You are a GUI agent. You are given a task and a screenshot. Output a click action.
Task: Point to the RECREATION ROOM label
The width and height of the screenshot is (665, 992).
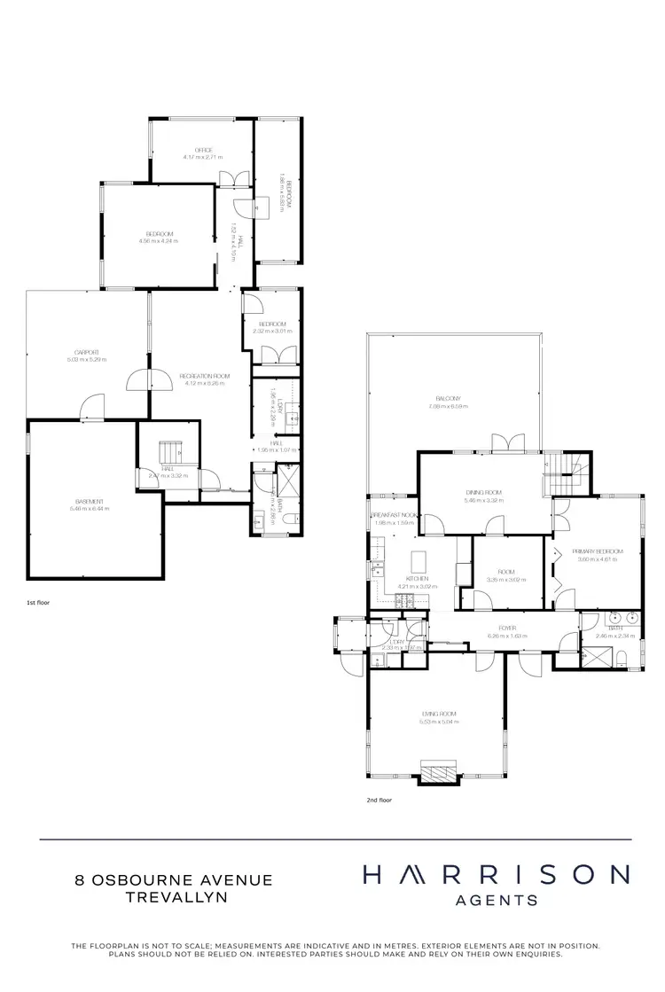[x=204, y=376]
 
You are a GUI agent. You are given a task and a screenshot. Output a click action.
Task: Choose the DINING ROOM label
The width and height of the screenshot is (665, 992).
[x=483, y=492]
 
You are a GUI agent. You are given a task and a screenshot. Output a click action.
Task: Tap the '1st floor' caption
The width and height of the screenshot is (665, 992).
[x=37, y=602]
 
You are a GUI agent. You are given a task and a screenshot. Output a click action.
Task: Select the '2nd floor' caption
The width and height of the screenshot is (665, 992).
[x=379, y=799]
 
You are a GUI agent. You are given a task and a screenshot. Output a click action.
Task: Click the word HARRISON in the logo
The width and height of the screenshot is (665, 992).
[x=496, y=876]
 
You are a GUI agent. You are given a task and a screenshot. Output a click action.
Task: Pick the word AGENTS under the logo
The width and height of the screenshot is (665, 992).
[x=496, y=900]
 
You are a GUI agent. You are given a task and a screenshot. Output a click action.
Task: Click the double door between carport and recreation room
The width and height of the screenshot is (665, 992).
[x=149, y=381]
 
